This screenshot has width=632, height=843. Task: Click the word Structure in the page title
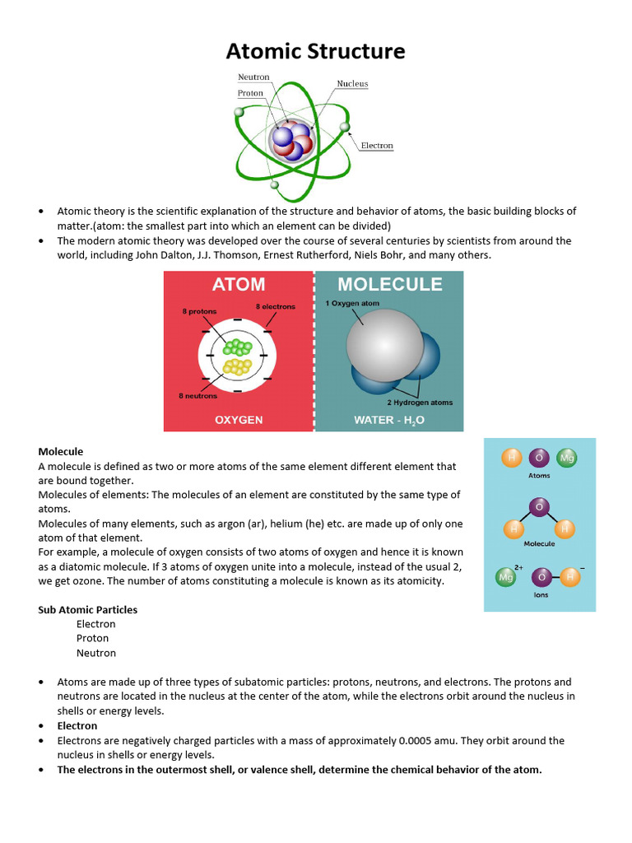pyautogui.click(x=355, y=52)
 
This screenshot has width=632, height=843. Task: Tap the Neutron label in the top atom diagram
pyautogui.click(x=254, y=77)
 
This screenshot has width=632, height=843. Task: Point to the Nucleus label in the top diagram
pyautogui.click(x=352, y=84)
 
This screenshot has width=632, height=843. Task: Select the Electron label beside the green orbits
pyautogui.click(x=377, y=146)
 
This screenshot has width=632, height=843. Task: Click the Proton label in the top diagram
pyautogui.click(x=251, y=93)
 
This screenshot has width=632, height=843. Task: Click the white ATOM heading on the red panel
pyautogui.click(x=239, y=285)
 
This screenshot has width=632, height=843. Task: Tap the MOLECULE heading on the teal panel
pyautogui.click(x=390, y=285)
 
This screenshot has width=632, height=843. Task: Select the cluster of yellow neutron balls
pyautogui.click(x=236, y=366)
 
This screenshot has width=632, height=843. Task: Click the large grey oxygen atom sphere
pyautogui.click(x=384, y=345)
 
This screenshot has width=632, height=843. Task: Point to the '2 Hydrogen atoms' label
pyautogui.click(x=420, y=403)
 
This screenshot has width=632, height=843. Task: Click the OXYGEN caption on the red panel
pyautogui.click(x=239, y=420)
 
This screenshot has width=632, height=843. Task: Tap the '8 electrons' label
pyautogui.click(x=275, y=307)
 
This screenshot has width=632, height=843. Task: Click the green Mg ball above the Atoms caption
pyautogui.click(x=566, y=458)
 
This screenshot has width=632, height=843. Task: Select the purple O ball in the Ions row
pyautogui.click(x=541, y=577)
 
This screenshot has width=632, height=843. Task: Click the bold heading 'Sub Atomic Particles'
pyautogui.click(x=88, y=610)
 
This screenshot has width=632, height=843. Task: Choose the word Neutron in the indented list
pyautogui.click(x=96, y=653)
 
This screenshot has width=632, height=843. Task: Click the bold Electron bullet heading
pyautogui.click(x=77, y=726)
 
